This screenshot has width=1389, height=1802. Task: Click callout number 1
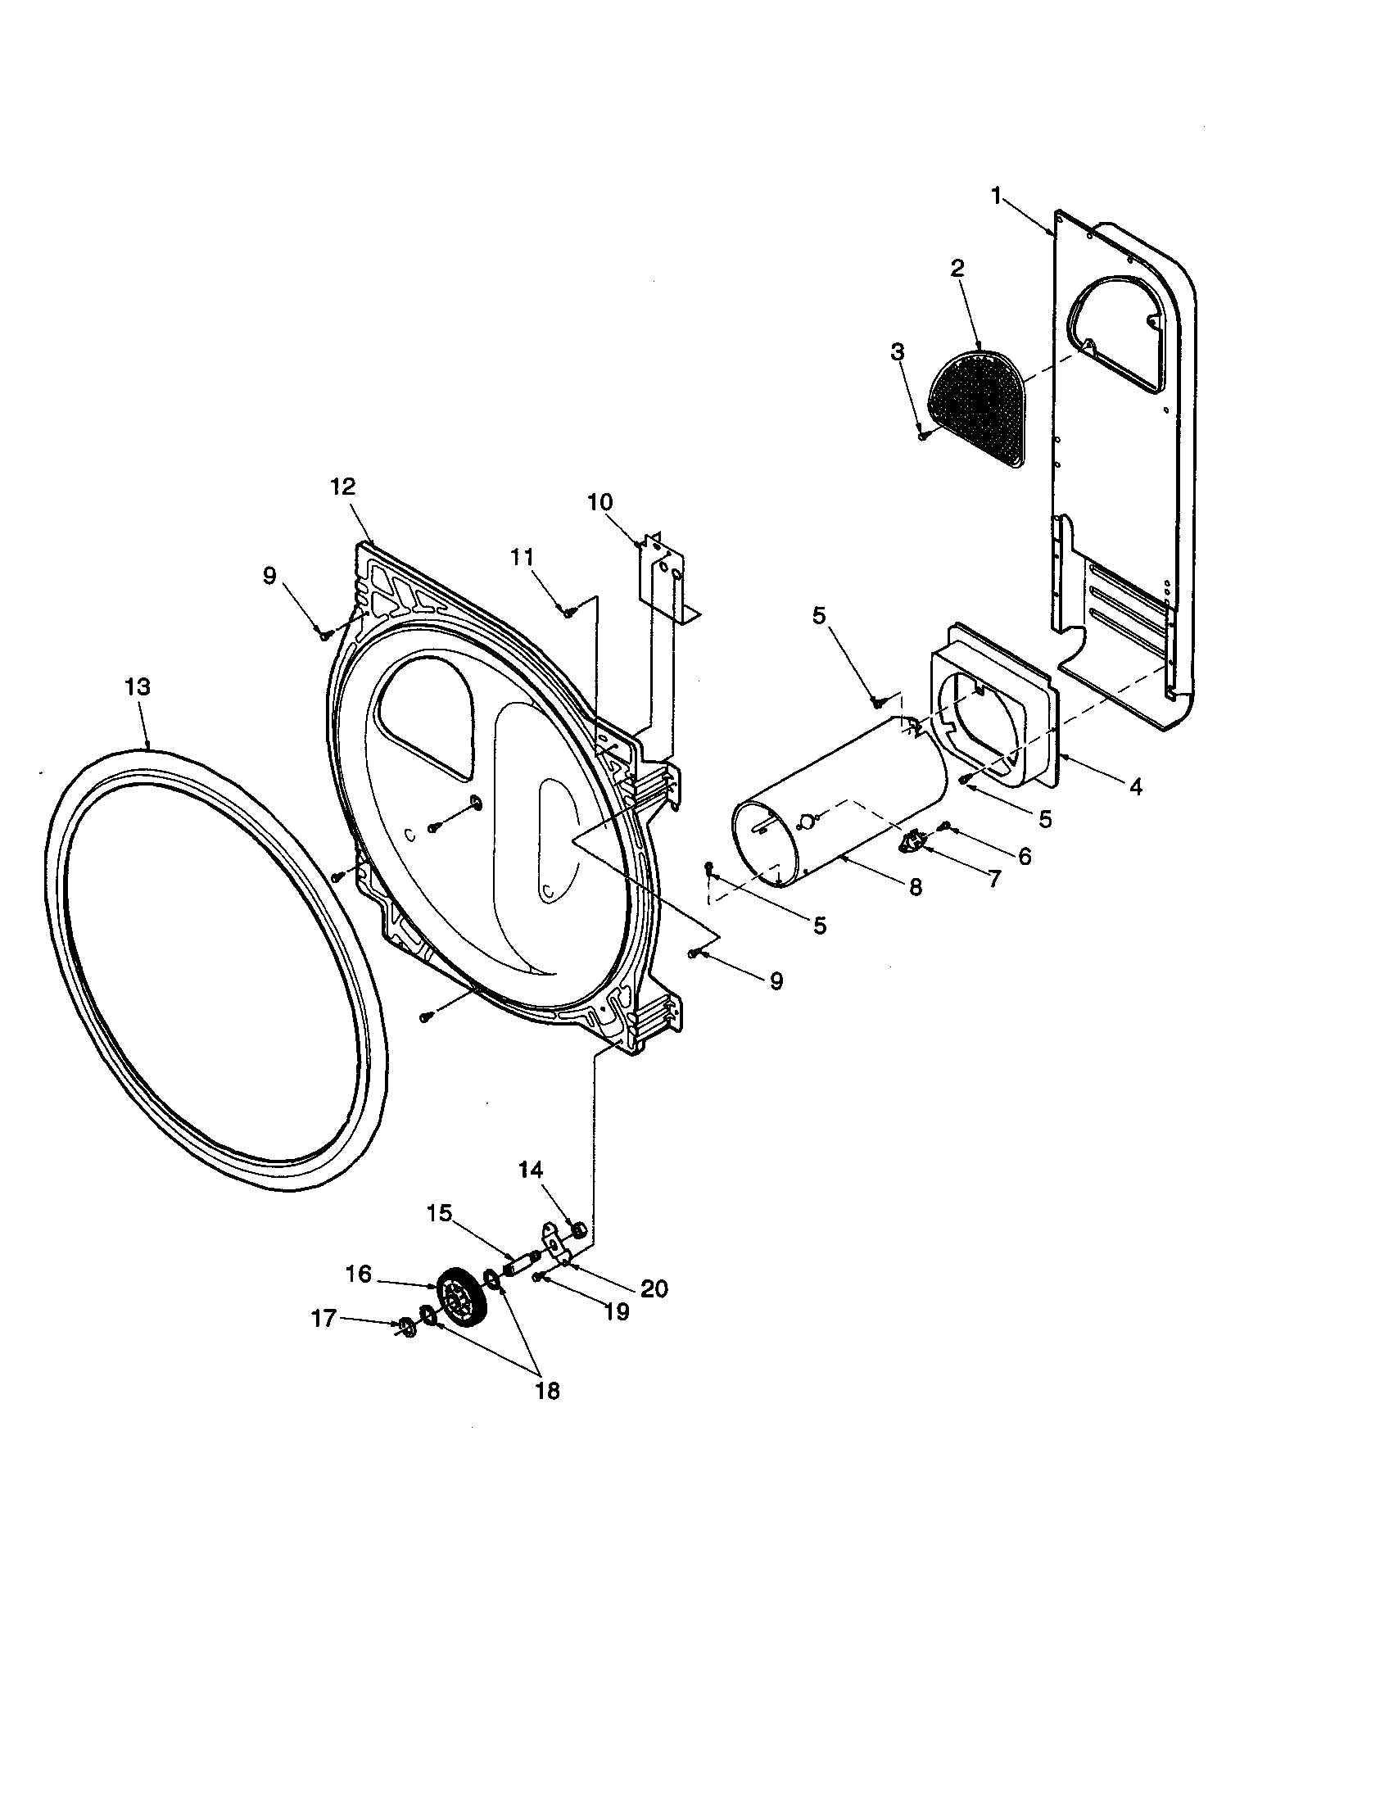pyautogui.click(x=997, y=197)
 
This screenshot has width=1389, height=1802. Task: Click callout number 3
pyautogui.click(x=898, y=352)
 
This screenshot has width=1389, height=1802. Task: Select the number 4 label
pyautogui.click(x=1135, y=787)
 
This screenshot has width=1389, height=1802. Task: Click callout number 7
pyautogui.click(x=995, y=880)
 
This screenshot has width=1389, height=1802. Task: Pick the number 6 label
pyautogui.click(x=1024, y=857)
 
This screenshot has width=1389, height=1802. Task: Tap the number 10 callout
pyautogui.click(x=599, y=501)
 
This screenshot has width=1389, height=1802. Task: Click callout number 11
pyautogui.click(x=522, y=558)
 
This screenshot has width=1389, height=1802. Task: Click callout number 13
pyautogui.click(x=138, y=686)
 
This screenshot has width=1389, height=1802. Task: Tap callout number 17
pyautogui.click(x=323, y=1320)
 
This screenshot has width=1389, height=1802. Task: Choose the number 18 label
pyautogui.click(x=547, y=1391)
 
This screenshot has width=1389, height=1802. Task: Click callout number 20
pyautogui.click(x=654, y=1288)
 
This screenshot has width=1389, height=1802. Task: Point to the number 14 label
pyautogui.click(x=532, y=1170)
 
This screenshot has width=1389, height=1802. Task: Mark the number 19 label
pyautogui.click(x=616, y=1311)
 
